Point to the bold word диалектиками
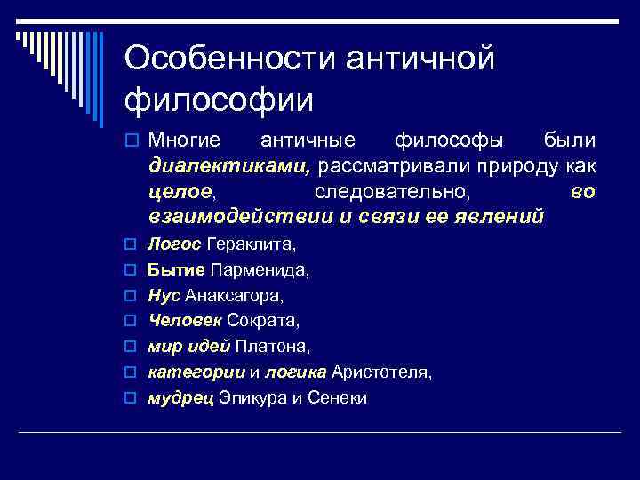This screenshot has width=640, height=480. tap(230, 166)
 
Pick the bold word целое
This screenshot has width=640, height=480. tap(181, 192)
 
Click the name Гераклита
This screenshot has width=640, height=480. tap(252, 244)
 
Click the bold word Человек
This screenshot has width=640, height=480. tap(185, 320)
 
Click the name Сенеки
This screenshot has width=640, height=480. tap(337, 397)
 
